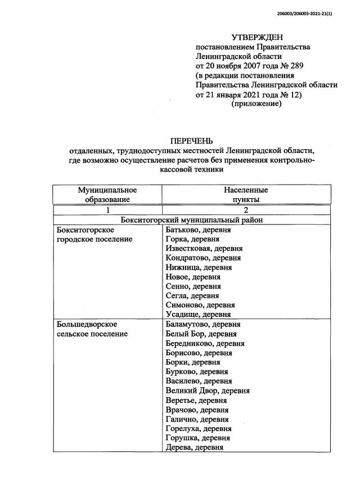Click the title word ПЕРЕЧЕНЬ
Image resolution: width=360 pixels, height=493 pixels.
click(x=192, y=141)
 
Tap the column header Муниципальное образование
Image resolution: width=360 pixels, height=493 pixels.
click(x=107, y=195)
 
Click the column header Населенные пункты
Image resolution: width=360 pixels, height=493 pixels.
click(x=246, y=195)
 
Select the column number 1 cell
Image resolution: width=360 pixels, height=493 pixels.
click(x=107, y=210)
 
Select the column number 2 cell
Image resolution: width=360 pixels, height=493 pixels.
click(x=246, y=210)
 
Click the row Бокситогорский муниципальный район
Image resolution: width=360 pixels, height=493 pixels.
click(x=192, y=220)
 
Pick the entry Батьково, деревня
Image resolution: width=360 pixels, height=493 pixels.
click(x=199, y=230)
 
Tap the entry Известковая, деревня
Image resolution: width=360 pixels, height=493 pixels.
click(x=204, y=249)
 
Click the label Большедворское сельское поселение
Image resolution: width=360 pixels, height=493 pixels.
click(x=92, y=329)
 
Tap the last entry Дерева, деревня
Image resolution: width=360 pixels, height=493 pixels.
click(x=195, y=447)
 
